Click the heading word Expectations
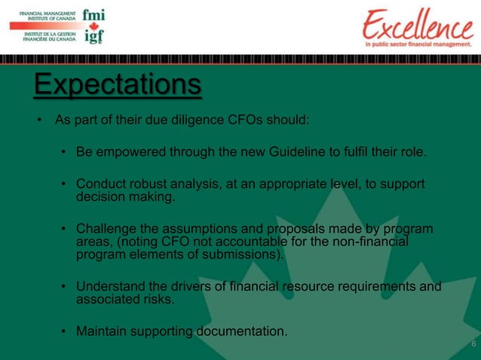point(117,84)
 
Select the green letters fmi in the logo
point(93,14)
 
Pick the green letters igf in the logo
point(93,36)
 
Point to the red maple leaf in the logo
point(93,25)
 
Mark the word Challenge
point(106,229)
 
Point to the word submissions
point(239,255)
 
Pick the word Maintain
point(103,331)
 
